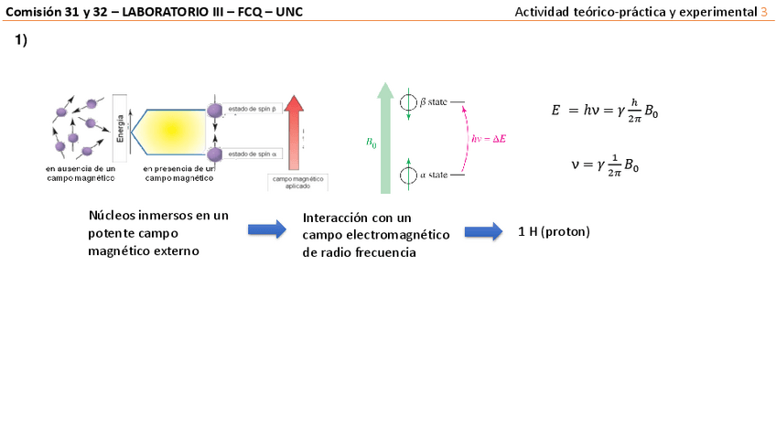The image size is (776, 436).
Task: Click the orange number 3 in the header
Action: point(765,11)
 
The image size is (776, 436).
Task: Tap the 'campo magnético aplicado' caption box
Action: point(297,182)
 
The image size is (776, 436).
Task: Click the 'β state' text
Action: point(433,101)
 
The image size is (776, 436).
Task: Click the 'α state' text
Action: point(433,174)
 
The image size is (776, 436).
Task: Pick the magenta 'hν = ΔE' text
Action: point(489,138)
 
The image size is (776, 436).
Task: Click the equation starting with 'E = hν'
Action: point(604,111)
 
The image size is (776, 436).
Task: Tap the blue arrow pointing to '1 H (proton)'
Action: point(483,231)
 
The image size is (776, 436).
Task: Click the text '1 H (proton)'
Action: point(554,232)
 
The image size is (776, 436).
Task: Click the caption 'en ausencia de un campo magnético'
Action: point(81,174)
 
